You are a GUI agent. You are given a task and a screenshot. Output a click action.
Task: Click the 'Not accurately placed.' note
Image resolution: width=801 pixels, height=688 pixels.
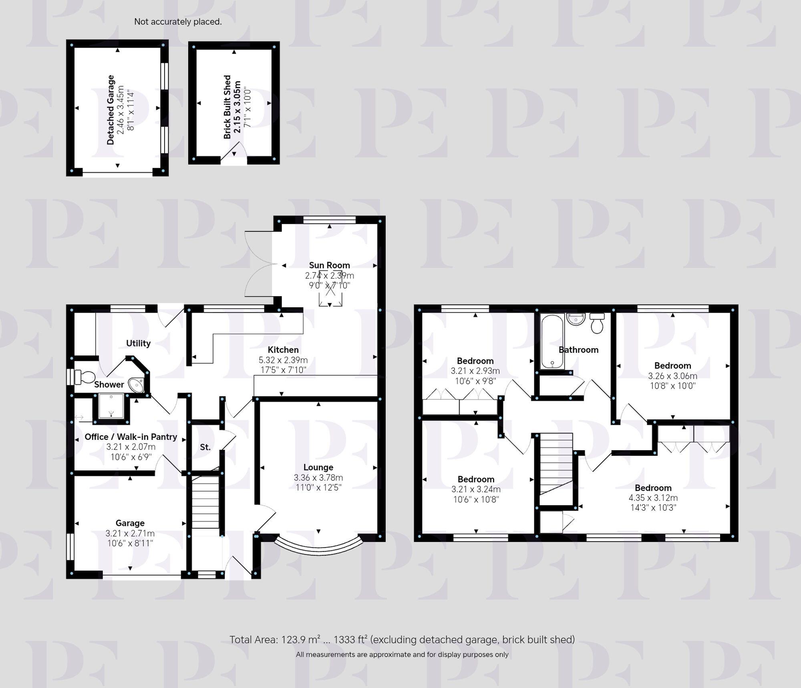[178, 22]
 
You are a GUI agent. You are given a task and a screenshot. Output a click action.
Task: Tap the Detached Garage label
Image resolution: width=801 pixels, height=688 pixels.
[111, 110]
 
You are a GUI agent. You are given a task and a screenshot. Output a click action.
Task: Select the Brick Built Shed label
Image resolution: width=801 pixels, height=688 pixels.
[227, 107]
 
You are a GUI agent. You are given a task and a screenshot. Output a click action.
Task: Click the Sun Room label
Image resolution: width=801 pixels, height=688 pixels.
[329, 265]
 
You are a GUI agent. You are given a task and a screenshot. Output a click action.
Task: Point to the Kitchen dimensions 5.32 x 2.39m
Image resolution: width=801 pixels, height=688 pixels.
[283, 360]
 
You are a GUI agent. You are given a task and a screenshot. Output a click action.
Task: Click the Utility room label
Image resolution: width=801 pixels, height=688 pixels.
[138, 343]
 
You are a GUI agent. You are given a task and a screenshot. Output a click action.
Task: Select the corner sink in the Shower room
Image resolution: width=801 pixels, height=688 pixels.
[137, 385]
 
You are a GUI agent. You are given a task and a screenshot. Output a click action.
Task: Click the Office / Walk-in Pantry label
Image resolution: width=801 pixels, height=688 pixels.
[131, 437]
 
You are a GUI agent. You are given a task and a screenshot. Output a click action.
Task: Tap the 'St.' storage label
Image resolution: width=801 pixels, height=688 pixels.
[205, 447]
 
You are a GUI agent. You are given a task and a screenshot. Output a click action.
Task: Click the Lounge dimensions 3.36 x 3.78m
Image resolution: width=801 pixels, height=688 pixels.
[318, 477]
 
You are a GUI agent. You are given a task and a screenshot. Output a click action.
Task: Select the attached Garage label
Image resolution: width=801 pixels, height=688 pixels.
[130, 523]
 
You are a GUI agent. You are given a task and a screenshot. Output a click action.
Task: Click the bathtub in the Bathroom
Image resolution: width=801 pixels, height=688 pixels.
[552, 341]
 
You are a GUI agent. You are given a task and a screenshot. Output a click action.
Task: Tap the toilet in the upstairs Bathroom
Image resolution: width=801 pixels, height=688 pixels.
[597, 324]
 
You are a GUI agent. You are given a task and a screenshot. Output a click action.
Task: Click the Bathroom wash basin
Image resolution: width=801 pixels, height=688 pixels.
[576, 319]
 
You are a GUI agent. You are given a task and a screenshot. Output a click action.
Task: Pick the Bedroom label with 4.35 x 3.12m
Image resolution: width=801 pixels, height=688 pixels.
[653, 487]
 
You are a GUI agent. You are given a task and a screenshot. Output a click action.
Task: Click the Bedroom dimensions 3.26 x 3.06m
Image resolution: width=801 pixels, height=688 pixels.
[672, 376]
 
